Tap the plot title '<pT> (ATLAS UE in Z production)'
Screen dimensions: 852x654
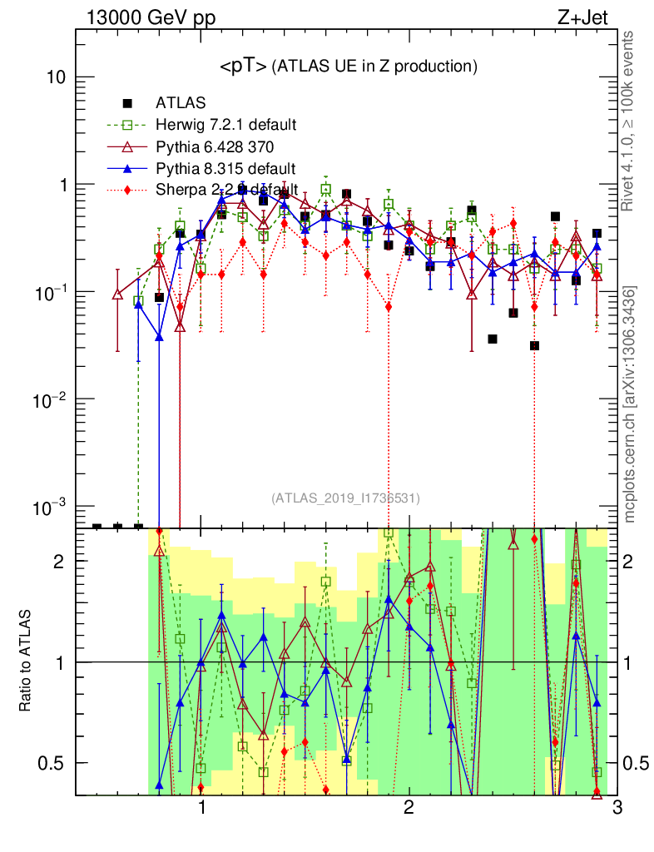pos(348,67)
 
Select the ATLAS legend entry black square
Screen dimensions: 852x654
pos(128,103)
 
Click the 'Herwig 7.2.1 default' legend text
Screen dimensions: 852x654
pos(226,125)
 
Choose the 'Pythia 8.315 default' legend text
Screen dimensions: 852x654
pos(225,169)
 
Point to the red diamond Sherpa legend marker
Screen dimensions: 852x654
pos(128,191)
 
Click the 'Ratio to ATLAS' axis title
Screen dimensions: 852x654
pos(27,662)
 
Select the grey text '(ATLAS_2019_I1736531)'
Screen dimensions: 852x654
pos(345,498)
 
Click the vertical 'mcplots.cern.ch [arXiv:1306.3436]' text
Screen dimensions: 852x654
pos(632,404)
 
